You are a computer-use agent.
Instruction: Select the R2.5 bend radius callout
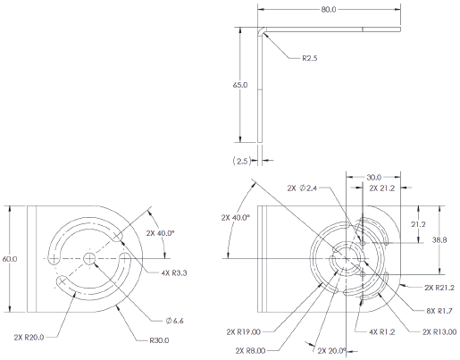click(310, 59)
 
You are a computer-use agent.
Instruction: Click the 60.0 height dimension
click(10, 258)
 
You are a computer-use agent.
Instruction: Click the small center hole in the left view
click(89, 258)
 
